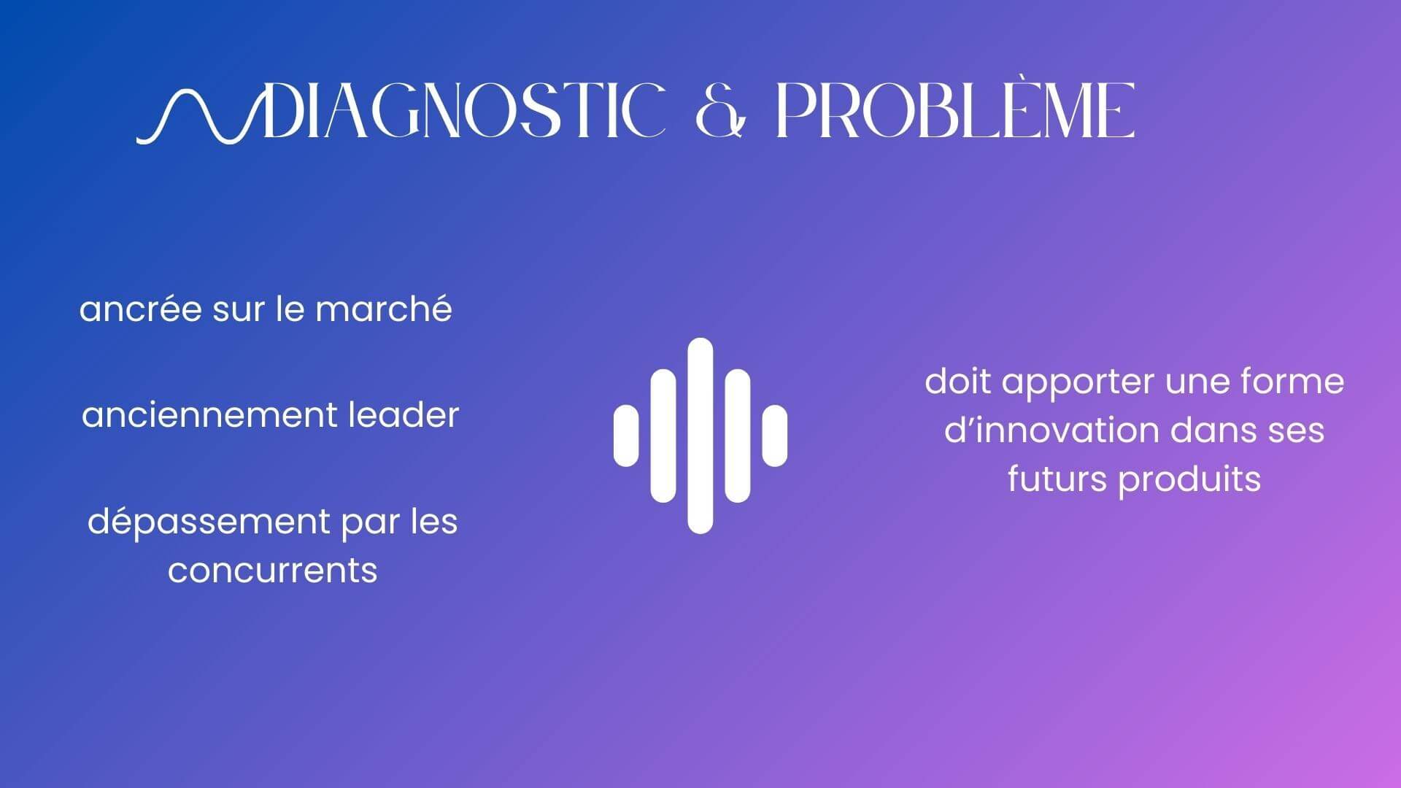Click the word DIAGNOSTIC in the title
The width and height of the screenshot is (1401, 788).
pos(464,110)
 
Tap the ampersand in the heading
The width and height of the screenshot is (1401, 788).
pos(722,111)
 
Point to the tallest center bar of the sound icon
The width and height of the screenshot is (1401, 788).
pos(700,436)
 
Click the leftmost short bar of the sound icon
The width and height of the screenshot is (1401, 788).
pos(626,436)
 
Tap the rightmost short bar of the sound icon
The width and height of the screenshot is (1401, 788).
pos(775,436)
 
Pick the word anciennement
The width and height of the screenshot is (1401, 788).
pos(209,415)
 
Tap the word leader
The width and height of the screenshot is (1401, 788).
pos(404,415)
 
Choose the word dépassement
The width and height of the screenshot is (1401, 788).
pos(209,522)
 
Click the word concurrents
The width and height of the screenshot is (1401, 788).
pos(272,571)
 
